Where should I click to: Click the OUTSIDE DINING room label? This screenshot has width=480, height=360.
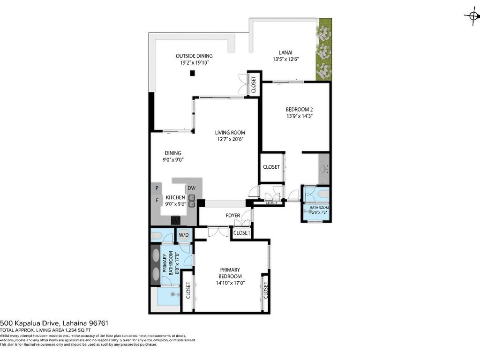(194, 55)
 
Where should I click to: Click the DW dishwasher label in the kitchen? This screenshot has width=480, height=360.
(191, 188)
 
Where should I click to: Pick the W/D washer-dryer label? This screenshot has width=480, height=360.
(184, 235)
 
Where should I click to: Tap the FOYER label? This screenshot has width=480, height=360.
(233, 216)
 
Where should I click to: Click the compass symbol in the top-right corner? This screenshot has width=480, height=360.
(471, 15)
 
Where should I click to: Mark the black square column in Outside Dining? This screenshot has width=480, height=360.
(192, 73)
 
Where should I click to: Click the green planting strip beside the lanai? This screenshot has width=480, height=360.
(323, 49)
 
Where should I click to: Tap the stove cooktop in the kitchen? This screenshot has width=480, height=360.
(176, 219)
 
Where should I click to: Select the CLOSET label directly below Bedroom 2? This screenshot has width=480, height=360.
(271, 167)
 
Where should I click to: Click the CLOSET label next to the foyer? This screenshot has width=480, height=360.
(242, 232)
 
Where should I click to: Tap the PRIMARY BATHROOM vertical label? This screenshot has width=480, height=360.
(167, 265)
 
